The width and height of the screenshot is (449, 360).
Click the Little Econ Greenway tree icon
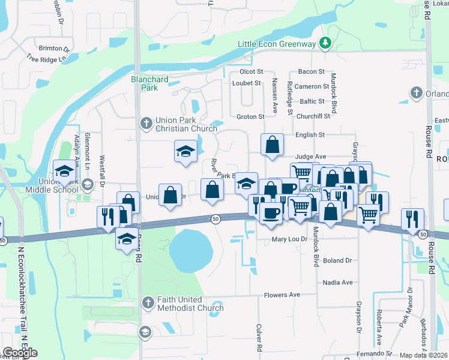coord(325,43)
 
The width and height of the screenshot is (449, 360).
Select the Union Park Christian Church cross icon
coord(145,124)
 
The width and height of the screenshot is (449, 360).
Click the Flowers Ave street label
coord(282,295)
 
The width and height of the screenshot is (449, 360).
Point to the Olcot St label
coord(252,71)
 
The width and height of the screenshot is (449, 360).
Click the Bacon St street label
coord(311,71)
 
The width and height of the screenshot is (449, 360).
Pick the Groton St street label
coord(250,116)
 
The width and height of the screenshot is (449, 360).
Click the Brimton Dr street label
coord(54,48)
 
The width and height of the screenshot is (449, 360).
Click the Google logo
coord(20,353)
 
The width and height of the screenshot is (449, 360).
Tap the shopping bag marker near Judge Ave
coord(273,144)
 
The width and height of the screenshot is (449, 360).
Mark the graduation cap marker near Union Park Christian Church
coord(185,151)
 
